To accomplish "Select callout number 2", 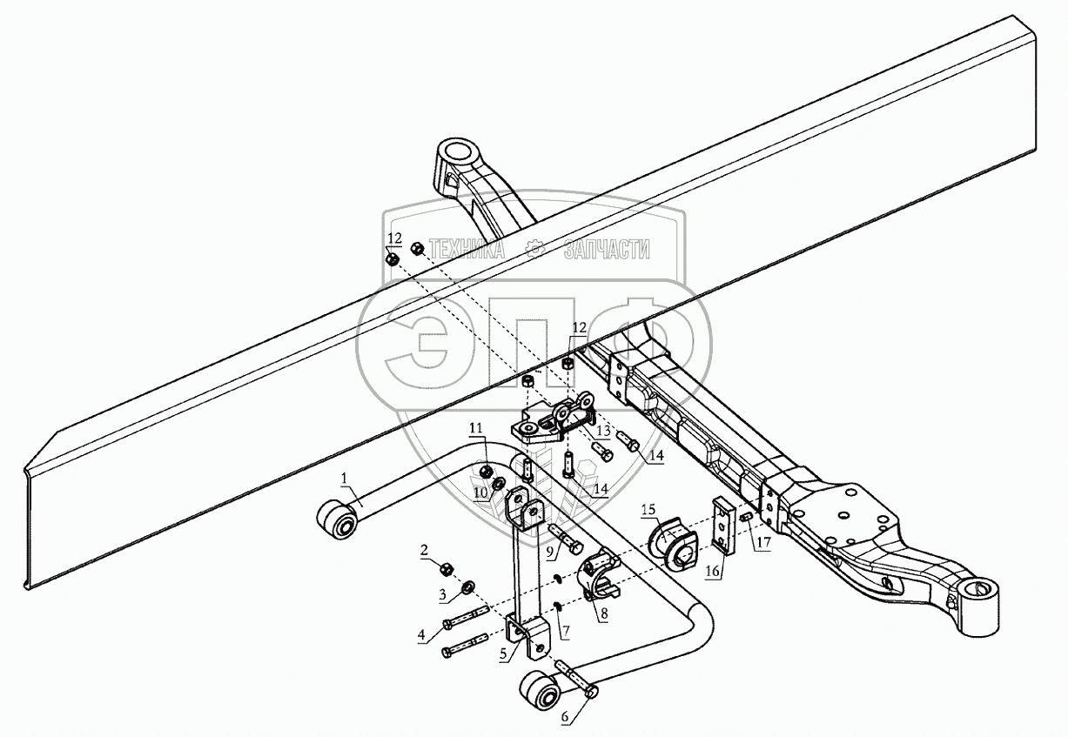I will pos(424,550).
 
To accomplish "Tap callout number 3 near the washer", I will pos(442,595).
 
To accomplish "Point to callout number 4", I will pos(422,636).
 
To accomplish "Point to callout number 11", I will pos(475,427).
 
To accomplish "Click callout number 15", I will pos(648,508).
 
